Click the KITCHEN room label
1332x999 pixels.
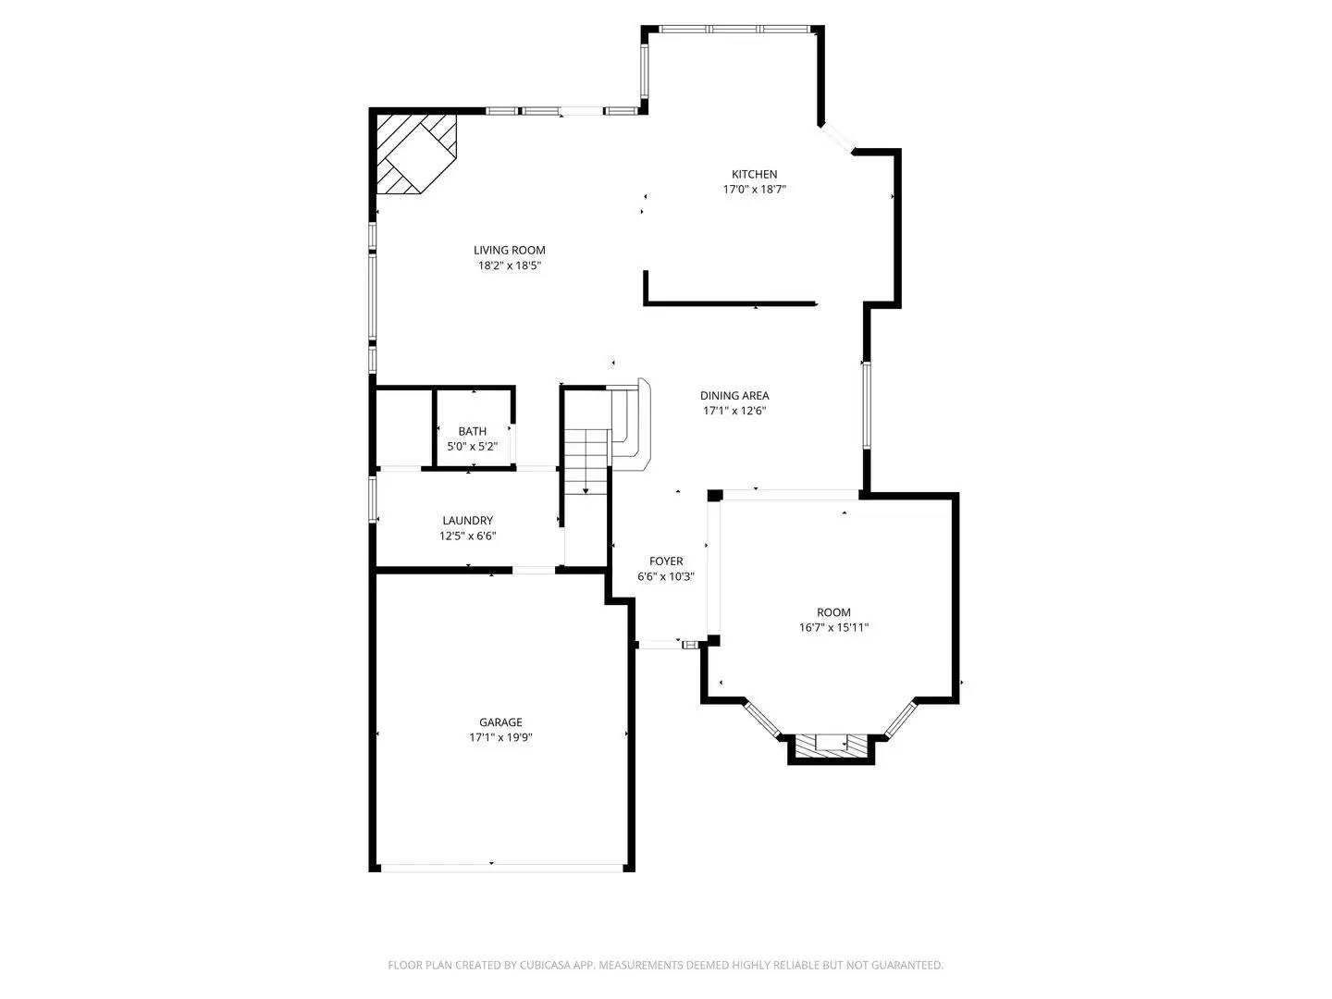(x=754, y=174)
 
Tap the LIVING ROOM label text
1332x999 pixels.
(x=509, y=250)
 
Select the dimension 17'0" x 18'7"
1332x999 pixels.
(x=754, y=190)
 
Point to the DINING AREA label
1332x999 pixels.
(x=734, y=396)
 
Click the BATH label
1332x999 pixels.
(x=472, y=431)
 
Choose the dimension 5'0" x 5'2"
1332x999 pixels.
(x=472, y=447)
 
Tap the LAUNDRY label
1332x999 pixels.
(x=467, y=521)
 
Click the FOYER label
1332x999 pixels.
(x=666, y=561)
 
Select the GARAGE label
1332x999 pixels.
(x=500, y=722)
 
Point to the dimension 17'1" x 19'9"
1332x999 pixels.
(x=500, y=738)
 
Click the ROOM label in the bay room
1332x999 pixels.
(x=833, y=612)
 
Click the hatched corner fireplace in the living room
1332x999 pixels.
(x=415, y=153)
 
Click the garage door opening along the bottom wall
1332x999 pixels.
(x=500, y=868)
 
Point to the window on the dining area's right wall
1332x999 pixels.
(x=867, y=405)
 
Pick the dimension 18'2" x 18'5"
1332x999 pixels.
(x=509, y=265)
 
